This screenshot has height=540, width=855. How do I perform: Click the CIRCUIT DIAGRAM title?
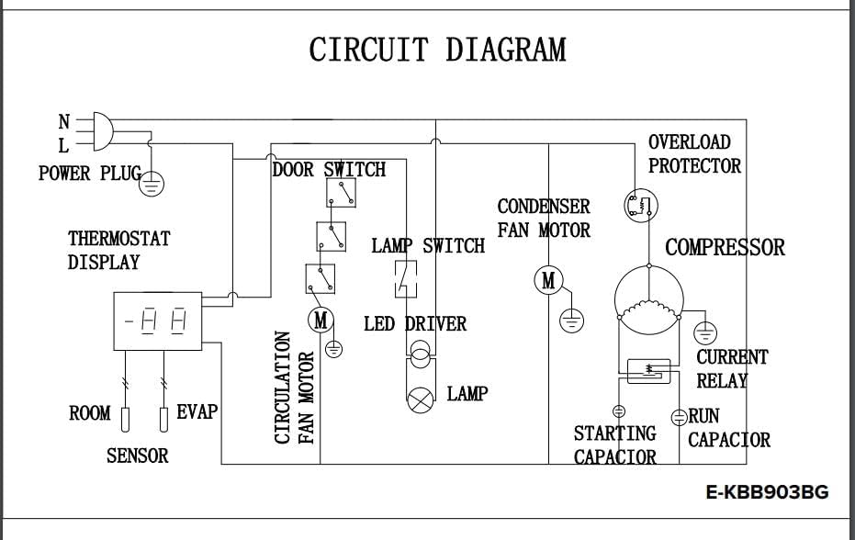coord(437,50)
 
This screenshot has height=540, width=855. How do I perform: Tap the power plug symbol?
coord(100,130)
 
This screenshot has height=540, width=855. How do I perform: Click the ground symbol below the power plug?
coord(152,185)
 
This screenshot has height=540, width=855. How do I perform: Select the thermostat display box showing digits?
coord(156,322)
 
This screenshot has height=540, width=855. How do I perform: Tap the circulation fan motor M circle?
coord(321,320)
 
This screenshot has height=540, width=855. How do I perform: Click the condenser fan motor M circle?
coord(548,280)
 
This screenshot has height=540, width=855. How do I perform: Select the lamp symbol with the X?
coord(421,398)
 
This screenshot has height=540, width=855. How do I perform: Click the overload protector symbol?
coord(639,205)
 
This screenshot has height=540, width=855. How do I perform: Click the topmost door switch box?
coord(342,192)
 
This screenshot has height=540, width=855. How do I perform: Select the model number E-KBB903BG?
coord(767,492)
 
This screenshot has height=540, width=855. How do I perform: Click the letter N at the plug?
coord(63,122)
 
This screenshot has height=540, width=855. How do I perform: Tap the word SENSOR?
coord(138,456)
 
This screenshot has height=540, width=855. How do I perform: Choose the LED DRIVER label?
coord(415,324)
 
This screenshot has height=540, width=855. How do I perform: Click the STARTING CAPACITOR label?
coord(615,444)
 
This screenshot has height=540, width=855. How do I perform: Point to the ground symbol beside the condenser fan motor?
coord(572,321)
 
